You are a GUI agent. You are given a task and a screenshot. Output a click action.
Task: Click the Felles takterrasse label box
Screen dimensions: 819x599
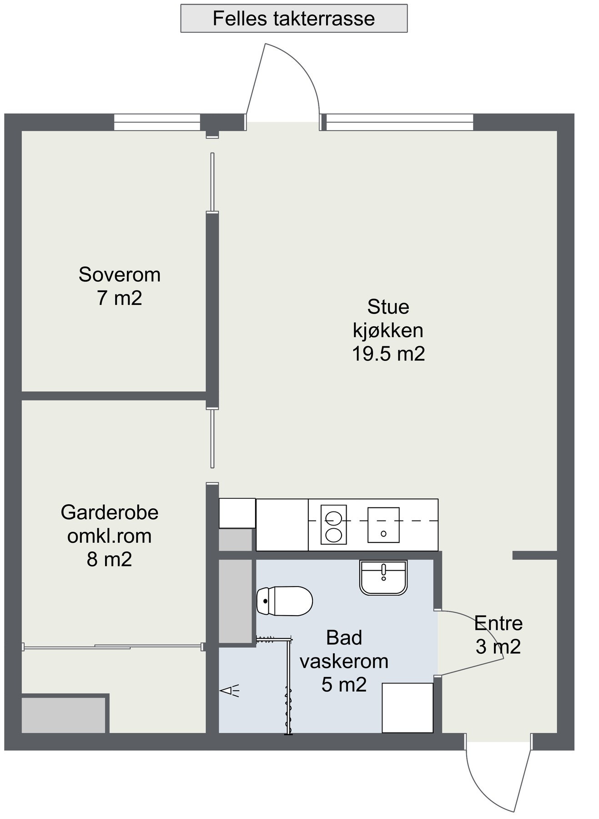[293, 19]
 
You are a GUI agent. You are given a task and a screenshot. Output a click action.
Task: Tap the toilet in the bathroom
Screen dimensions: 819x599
[285, 601]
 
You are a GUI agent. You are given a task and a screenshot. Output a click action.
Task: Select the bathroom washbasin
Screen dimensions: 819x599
[383, 577]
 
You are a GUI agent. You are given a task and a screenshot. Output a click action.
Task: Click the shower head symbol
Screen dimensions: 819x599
[229, 691]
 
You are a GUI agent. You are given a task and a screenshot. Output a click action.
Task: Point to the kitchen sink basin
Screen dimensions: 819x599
[383, 525]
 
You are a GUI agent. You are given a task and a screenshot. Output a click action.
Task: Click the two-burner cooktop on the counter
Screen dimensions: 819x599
[333, 524]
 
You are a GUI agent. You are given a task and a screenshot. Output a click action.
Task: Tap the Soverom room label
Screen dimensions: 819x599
[119, 275]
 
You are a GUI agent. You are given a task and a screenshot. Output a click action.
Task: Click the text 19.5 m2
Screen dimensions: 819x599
[388, 354]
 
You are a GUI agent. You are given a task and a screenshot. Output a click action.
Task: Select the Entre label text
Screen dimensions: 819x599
[498, 623]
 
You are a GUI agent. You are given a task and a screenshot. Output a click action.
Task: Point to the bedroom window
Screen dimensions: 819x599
[157, 122]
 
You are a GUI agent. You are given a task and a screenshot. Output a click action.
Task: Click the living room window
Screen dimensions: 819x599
[399, 122]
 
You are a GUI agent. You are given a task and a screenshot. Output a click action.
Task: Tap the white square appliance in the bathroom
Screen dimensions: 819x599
[407, 708]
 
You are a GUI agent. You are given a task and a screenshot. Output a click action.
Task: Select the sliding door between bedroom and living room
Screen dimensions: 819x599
[212, 182]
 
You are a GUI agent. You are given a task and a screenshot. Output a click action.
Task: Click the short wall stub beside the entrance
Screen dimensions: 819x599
[534, 555]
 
